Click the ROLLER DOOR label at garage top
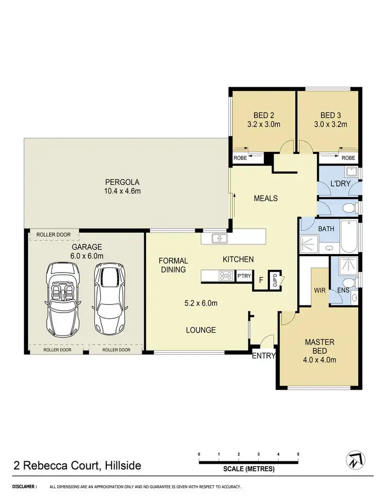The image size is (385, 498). [x=53, y=235]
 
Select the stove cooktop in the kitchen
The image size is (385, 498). [x=226, y=277]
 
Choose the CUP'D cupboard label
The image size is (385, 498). [x=275, y=281]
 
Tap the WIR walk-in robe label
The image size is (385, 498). [x=320, y=290]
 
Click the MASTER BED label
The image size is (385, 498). [x=320, y=342]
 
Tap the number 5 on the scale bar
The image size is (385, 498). [x=298, y=454]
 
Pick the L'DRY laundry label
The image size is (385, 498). [x=339, y=183]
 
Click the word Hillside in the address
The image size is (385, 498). [x=122, y=466]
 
